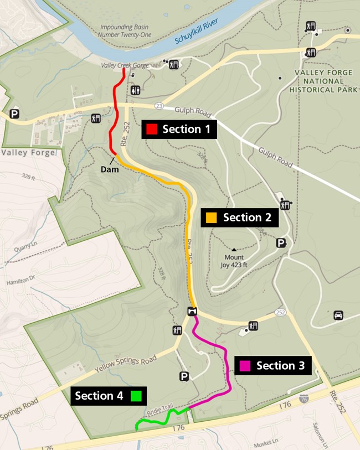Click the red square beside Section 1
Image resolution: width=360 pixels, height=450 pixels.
(151, 130)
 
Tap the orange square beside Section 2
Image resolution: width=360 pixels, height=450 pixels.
(212, 218)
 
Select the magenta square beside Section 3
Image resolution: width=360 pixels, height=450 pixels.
(245, 366)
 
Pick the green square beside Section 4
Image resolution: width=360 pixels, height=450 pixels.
(136, 396)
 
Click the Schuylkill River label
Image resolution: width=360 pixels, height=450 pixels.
(197, 31)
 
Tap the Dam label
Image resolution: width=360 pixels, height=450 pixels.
(110, 169)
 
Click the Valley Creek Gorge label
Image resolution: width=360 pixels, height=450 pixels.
(125, 65)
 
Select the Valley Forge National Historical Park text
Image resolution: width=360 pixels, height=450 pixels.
(326, 81)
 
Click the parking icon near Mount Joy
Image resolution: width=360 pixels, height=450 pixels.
(281, 243)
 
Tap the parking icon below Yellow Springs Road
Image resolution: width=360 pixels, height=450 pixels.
(184, 376)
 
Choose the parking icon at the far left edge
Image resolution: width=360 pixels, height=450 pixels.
(14, 114)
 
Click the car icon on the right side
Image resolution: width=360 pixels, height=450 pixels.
(338, 315)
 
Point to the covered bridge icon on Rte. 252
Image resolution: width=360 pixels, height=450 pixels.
(192, 311)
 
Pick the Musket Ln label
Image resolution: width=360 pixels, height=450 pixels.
(266, 442)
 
